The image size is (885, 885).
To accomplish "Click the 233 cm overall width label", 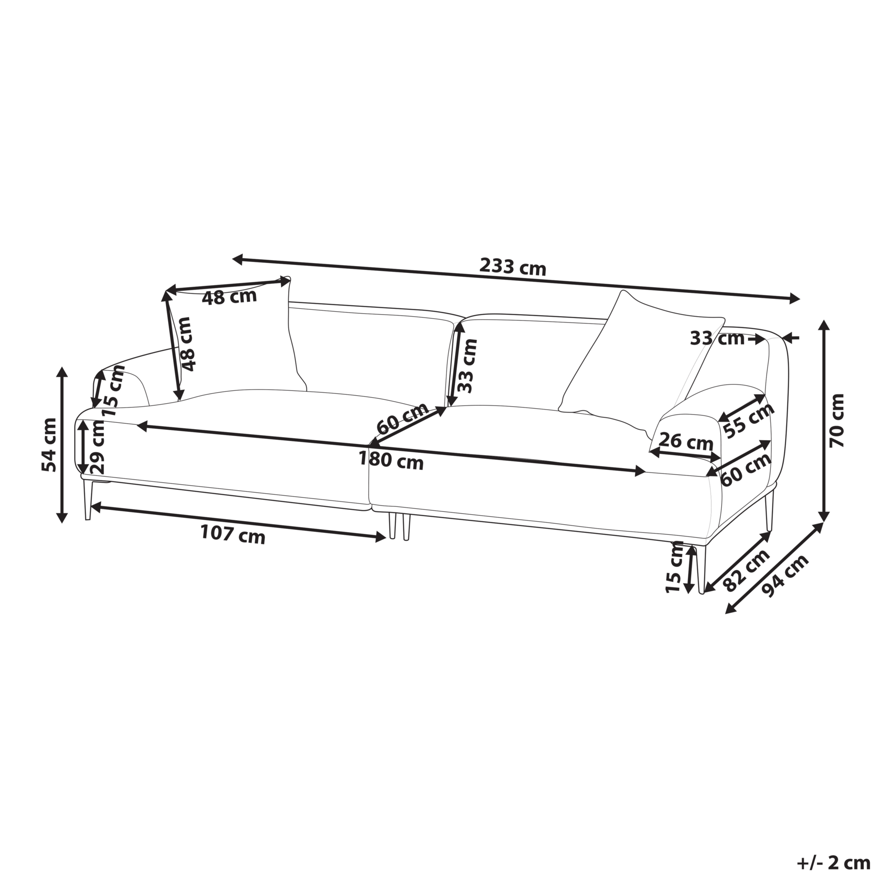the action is (x=513, y=267).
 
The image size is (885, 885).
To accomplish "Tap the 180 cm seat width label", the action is (x=391, y=461).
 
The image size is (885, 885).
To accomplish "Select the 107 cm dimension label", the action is (x=233, y=534).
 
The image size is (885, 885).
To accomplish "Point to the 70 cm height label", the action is (x=836, y=420).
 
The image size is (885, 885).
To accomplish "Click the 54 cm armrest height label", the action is (x=49, y=444).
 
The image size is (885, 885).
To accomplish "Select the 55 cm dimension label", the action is (x=749, y=420).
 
